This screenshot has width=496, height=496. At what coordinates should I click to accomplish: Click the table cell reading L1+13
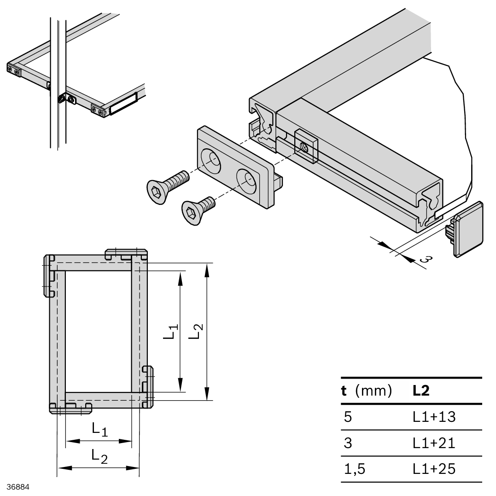tap(434, 417)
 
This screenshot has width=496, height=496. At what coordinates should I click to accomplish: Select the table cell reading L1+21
tap(434, 443)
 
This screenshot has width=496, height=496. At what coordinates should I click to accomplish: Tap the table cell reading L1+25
tap(434, 469)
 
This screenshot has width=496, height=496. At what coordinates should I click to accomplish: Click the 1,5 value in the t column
tap(354, 469)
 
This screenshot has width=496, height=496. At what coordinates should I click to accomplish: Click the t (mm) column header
tap(366, 391)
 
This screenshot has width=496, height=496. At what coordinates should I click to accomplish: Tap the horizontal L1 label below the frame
tap(99, 429)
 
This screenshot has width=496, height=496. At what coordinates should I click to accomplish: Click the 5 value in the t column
tap(348, 417)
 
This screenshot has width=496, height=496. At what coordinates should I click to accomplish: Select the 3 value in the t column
tap(348, 443)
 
